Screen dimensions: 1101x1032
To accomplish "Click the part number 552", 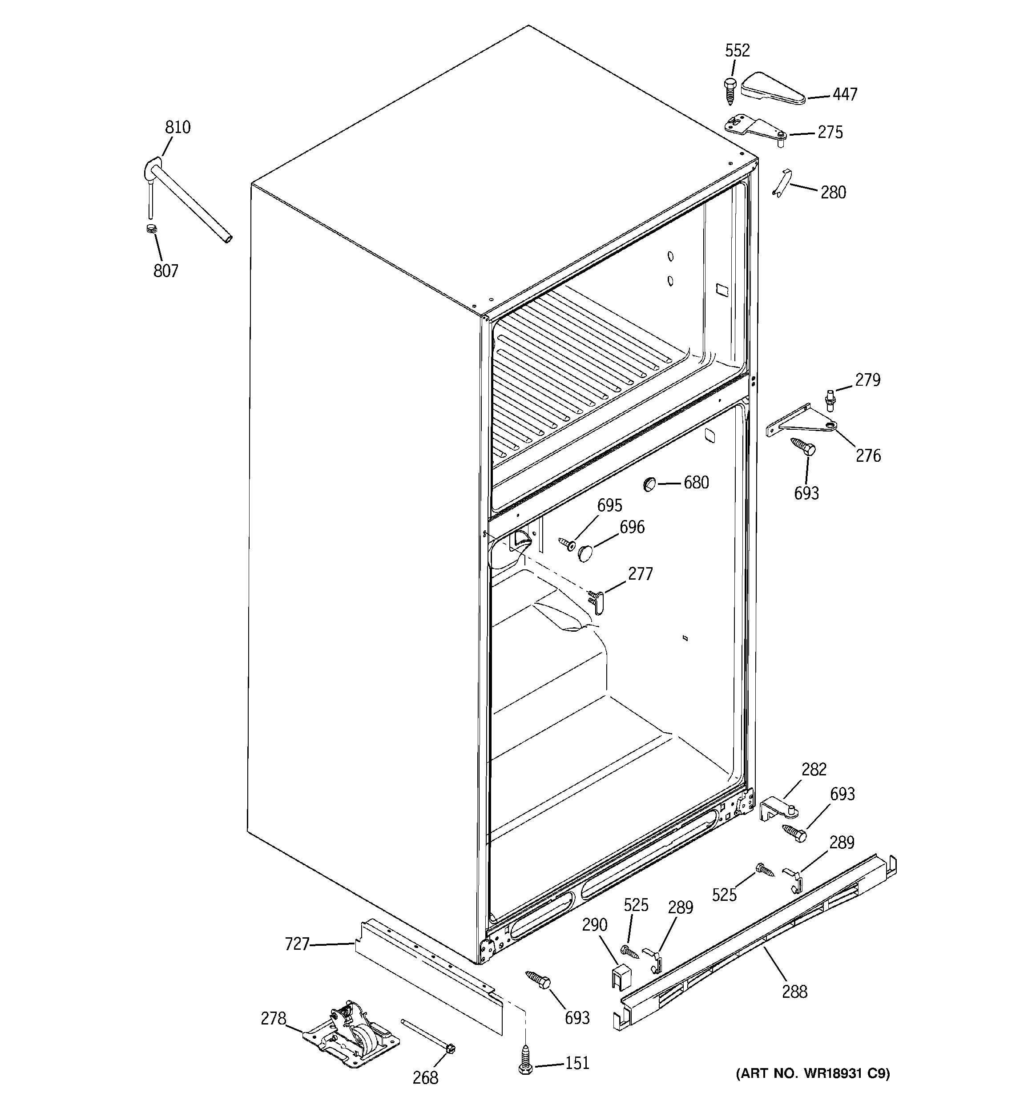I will pos(737,50).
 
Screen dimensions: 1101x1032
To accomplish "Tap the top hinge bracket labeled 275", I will pos(754,126).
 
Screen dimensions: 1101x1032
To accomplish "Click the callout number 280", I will pos(833,193).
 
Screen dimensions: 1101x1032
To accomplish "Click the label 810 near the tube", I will pos(177,127).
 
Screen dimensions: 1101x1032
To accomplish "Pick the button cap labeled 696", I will pos(585,552).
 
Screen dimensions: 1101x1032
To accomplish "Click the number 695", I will pos(609,505).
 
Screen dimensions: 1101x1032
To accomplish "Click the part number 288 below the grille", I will pos(794,991).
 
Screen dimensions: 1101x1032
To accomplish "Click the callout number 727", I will pos(296,944).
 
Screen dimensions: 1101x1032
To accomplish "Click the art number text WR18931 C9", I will pos(812,1073).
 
